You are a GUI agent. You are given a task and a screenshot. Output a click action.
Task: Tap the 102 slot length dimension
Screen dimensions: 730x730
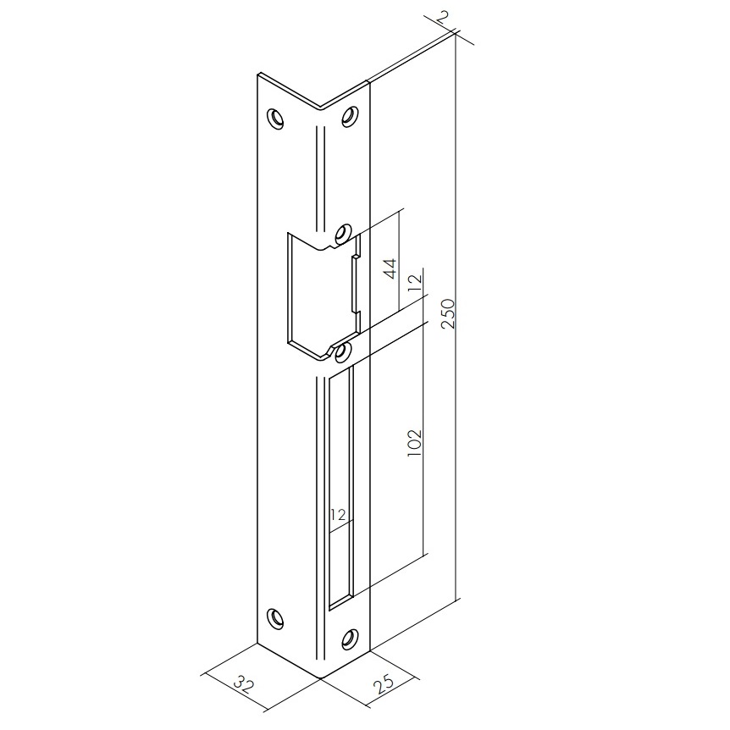coord(414,442)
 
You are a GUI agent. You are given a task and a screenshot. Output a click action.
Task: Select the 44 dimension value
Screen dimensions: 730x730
coord(391,268)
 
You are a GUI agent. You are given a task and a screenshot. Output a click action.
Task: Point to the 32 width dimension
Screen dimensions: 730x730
coord(243,685)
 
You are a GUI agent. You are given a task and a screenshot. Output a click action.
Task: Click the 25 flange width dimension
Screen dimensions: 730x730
coord(383,683)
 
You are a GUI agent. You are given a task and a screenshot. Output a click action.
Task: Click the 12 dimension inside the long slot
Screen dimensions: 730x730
coord(339,515)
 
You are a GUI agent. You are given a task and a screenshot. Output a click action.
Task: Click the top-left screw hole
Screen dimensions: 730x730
coord(275,119)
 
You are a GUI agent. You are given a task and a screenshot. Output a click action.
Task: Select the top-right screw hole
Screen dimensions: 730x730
coord(350,116)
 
